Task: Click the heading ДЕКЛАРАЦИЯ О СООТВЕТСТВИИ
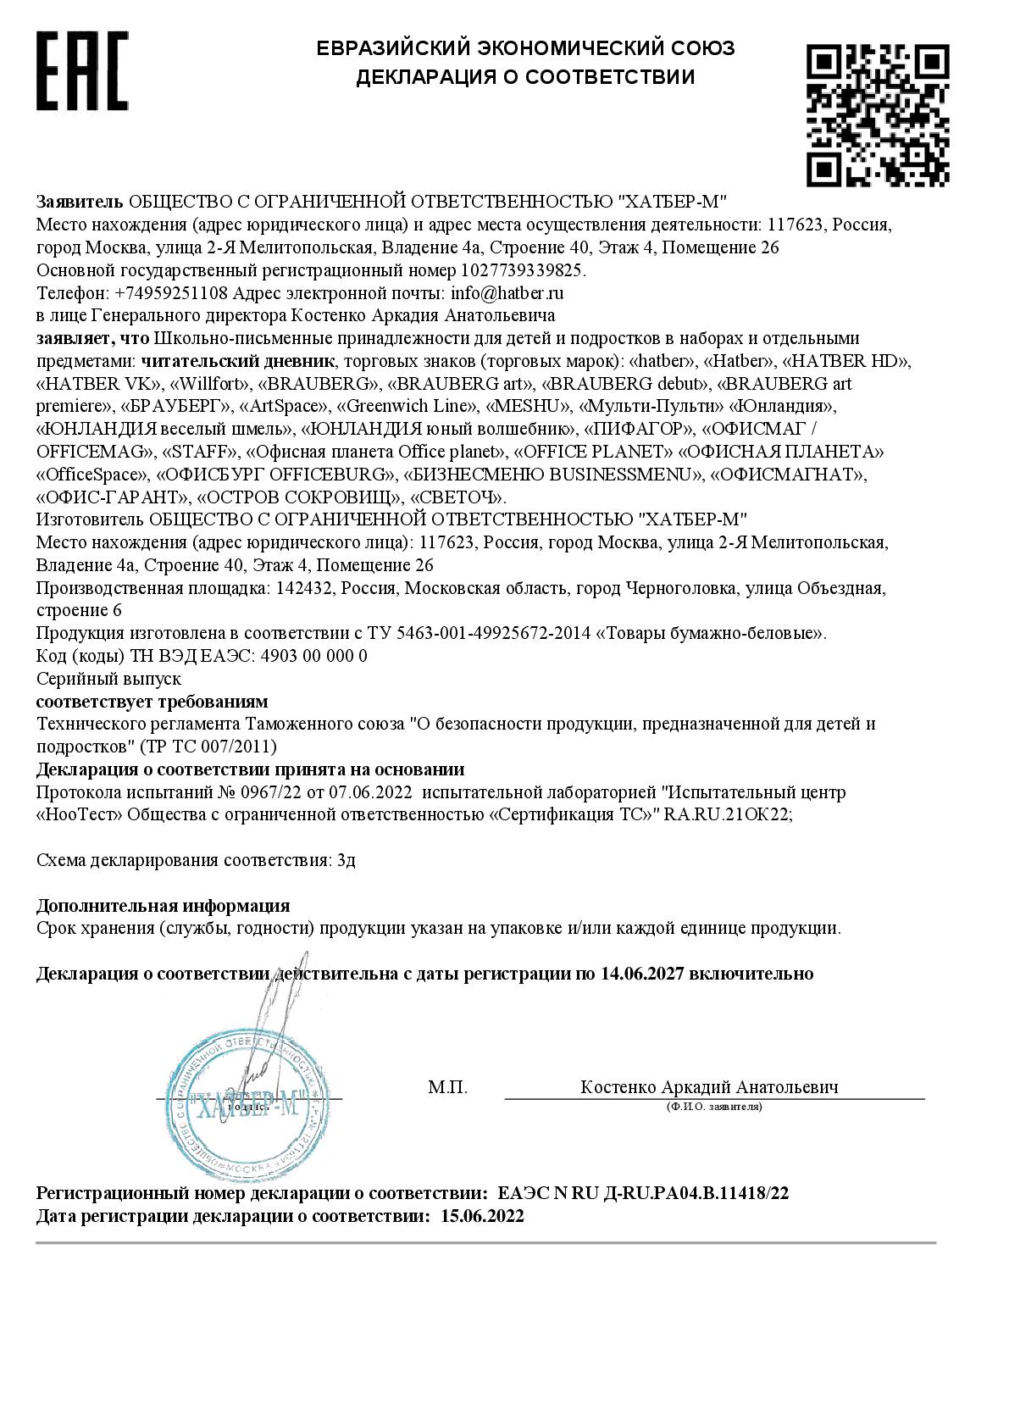point(525,77)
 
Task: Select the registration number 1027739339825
point(522,270)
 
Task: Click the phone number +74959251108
point(169,293)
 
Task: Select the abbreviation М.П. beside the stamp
point(447,1087)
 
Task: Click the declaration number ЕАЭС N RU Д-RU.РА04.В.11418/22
point(643,1194)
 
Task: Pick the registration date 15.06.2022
point(482,1217)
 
